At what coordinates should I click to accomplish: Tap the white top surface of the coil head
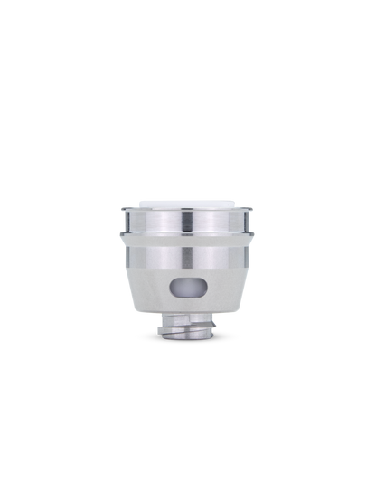coord(188,204)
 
